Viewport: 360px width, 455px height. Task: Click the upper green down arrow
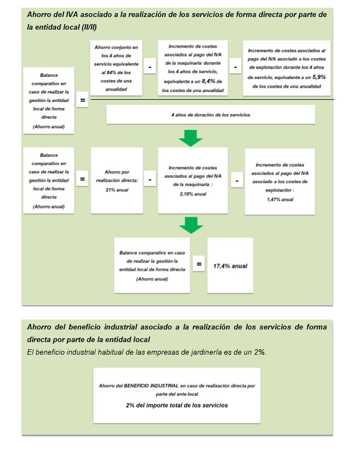point(191,138)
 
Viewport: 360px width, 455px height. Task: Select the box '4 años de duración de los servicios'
point(211,115)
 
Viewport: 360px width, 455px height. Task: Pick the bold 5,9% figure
point(319,78)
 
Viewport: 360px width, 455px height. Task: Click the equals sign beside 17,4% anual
point(199,265)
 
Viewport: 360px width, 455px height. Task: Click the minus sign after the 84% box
point(150,66)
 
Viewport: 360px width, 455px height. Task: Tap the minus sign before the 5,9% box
point(235,66)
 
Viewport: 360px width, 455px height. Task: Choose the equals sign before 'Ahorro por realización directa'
point(82,179)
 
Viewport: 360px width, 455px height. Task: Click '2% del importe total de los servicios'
point(176,405)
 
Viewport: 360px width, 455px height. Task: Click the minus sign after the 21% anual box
point(150,179)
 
